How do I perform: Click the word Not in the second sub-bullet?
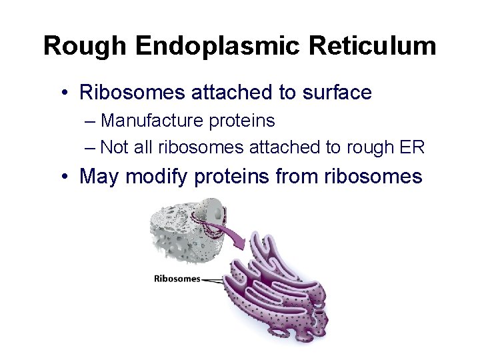point(115,147)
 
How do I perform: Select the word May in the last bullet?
point(99,177)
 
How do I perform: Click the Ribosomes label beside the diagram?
point(177,279)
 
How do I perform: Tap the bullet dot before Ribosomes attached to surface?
point(64,93)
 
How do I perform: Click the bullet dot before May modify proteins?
point(64,177)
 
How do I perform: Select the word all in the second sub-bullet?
point(143,147)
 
